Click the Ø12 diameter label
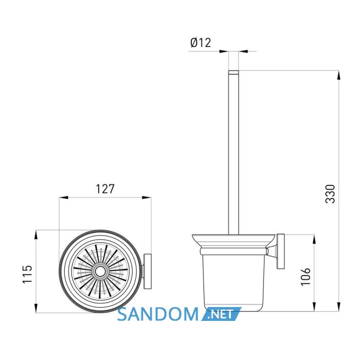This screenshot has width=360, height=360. point(201,43)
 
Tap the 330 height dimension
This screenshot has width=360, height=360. point(330,194)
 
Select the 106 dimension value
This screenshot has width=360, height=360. point(305,277)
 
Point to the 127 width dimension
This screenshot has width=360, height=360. point(105,189)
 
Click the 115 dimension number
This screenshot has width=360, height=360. point(27,274)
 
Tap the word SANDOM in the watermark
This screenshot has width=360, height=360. point(158,314)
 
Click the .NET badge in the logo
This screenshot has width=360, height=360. point(221,314)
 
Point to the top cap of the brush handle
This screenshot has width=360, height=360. point(233,73)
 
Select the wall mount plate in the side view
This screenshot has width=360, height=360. point(281,251)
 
